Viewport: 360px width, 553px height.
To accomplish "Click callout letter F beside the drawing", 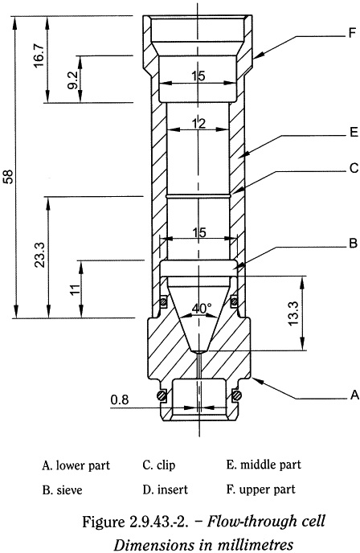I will click(352, 34).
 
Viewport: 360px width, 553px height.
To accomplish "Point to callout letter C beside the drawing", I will click(352, 169).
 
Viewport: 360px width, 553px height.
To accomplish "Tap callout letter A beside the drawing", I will click(352, 395).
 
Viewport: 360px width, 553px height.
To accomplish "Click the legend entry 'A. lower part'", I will click(76, 465).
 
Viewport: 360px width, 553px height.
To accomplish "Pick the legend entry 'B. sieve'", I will click(63, 489).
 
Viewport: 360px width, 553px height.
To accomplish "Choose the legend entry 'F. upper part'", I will click(262, 489).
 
